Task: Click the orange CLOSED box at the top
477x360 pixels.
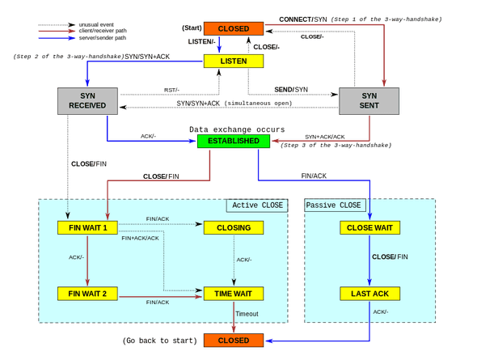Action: [234, 28]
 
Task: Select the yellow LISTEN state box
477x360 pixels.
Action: [234, 61]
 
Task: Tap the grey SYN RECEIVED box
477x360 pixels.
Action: [82, 101]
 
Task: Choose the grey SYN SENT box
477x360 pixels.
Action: [369, 101]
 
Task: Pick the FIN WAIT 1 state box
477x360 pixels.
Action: [88, 227]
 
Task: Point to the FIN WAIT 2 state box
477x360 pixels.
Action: [88, 293]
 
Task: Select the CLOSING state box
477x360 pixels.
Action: [234, 227]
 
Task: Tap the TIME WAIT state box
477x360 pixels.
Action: [234, 293]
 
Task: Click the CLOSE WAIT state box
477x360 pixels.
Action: [369, 227]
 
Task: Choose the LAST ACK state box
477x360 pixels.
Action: [369, 293]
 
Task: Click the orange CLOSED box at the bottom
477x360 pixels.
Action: [234, 340]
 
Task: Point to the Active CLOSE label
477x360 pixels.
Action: [257, 205]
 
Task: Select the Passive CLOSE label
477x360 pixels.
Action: [334, 205]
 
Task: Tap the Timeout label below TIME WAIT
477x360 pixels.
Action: [246, 314]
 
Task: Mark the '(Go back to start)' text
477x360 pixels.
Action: [159, 341]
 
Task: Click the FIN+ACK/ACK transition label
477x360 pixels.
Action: [140, 239]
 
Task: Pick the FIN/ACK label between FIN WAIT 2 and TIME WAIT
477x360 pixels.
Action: [157, 302]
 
